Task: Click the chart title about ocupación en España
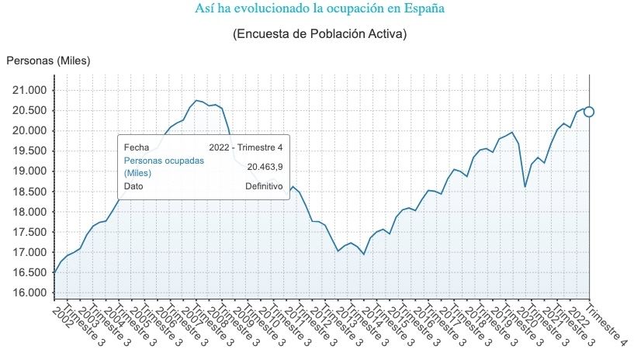(320, 9)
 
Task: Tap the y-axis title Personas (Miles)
(49, 61)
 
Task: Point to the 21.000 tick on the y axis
(27, 90)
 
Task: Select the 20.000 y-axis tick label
(27, 130)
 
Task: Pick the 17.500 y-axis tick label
(27, 232)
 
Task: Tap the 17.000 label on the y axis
(27, 252)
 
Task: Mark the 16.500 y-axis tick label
(27, 272)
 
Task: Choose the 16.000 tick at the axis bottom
(27, 292)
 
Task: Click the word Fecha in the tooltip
(136, 147)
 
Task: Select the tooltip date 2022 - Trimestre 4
(246, 147)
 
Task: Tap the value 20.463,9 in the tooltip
(265, 166)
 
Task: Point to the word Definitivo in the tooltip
(264, 186)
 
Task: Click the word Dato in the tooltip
(134, 186)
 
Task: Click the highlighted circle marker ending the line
(589, 112)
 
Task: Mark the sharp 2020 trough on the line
(525, 186)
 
